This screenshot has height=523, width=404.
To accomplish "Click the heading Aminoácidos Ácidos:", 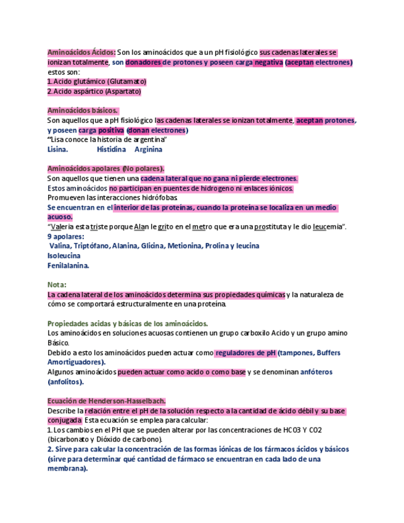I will coord(81,52).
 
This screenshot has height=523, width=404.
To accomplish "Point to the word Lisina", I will coord(57,149).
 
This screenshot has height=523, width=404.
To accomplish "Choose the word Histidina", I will coord(111,149).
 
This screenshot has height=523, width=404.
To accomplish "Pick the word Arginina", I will coord(148,149).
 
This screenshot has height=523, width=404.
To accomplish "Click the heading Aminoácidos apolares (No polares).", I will coord(105,168).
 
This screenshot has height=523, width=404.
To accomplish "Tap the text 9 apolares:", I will coord(65,236).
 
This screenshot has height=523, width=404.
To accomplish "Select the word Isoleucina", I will coord(64,255).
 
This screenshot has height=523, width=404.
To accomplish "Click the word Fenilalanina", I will coord(68,265).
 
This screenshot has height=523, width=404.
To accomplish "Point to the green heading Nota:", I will coord(57,284).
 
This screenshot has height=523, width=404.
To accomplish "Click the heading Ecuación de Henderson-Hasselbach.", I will coord(106,400).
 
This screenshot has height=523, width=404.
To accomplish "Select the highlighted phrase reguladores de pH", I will coord(245,353).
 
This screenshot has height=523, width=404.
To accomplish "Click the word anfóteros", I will coord(316,372).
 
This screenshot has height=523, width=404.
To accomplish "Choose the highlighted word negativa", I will coord(268,62).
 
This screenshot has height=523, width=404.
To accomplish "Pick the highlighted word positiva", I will coord(111,130).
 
